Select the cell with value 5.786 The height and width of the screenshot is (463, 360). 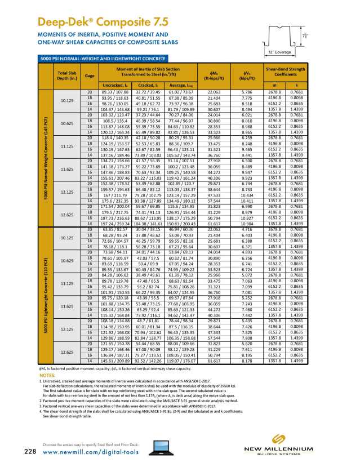[x=246, y=91]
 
